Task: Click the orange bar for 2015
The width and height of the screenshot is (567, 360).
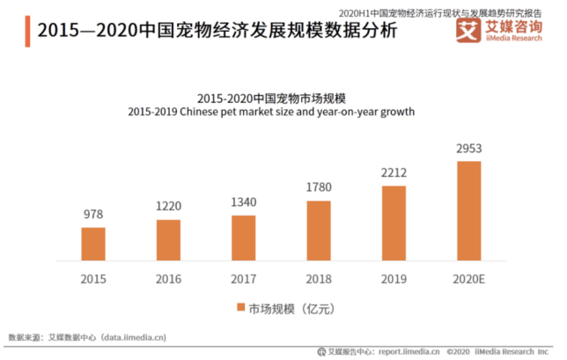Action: [x=93, y=246]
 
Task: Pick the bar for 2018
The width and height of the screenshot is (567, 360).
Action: [x=319, y=232]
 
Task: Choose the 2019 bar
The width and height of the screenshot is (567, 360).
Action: [x=394, y=224]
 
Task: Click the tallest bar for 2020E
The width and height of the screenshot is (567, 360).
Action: [x=468, y=212]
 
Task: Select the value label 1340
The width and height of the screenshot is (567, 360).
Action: [x=244, y=203]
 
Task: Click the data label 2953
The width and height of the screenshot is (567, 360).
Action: [x=468, y=149]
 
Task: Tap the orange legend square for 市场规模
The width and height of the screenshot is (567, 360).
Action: [x=239, y=308]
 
